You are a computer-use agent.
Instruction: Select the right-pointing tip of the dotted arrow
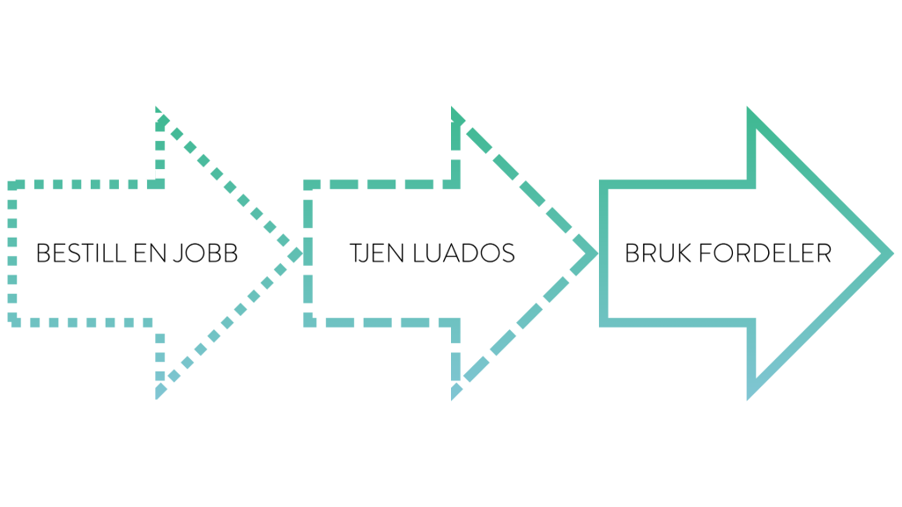coord(299,253)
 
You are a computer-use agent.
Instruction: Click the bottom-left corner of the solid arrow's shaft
coord(603,322)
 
